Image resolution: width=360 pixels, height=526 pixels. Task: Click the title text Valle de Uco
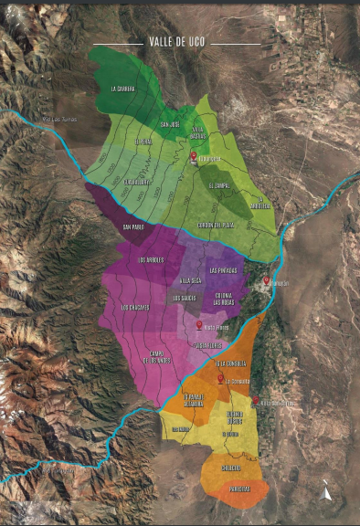[179, 42]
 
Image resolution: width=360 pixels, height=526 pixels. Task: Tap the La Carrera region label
[122, 89]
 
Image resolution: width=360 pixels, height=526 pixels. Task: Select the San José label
[170, 124]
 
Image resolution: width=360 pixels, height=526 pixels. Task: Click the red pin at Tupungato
[194, 157]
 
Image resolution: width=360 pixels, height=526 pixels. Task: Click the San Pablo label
[133, 227]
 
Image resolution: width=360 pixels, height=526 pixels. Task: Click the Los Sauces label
[184, 298]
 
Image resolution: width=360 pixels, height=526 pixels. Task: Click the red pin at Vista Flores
[198, 324]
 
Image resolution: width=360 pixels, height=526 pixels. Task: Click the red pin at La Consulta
[219, 378]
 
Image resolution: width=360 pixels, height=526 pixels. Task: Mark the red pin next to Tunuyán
[266, 281]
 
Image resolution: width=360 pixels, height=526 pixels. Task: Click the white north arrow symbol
[326, 494]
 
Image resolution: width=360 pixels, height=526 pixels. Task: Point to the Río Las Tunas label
[60, 119]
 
